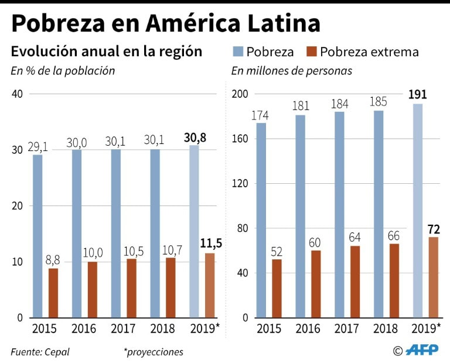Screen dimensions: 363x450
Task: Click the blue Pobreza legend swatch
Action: click(238, 52)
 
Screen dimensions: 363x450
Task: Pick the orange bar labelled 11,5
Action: click(210, 285)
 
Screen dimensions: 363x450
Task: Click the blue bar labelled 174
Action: click(261, 220)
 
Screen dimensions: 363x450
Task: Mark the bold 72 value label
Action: click(434, 229)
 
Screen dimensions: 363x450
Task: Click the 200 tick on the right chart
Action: click(240, 94)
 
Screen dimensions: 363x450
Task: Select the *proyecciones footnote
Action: click(153, 352)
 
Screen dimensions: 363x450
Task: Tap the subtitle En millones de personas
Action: click(291, 71)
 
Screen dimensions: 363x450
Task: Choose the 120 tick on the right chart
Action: click(240, 183)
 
